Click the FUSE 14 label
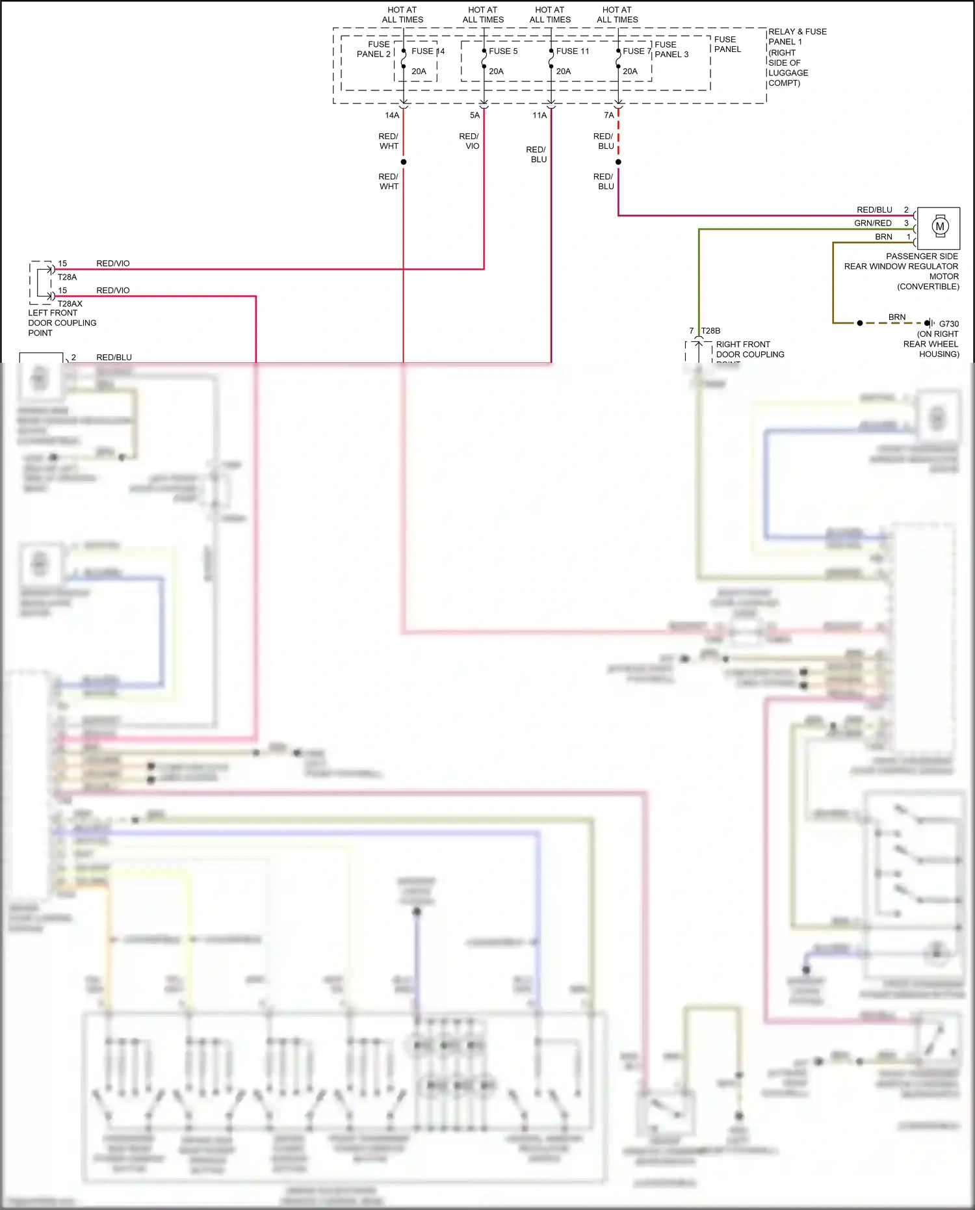click(x=428, y=51)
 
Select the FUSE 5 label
click(x=503, y=51)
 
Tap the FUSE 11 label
click(x=572, y=51)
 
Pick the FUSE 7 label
click(x=636, y=51)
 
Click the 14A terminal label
click(x=391, y=115)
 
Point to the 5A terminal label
click(x=474, y=115)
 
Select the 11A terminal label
click(x=539, y=115)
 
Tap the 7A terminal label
click(x=608, y=115)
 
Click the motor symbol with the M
click(x=939, y=227)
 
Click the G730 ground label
click(x=948, y=324)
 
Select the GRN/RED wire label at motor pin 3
click(x=872, y=223)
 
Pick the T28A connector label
click(x=67, y=277)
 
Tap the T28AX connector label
click(x=70, y=304)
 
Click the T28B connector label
click(x=710, y=331)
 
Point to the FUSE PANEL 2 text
click(x=374, y=49)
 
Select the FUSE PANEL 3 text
click(x=671, y=49)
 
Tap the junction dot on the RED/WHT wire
click(x=404, y=162)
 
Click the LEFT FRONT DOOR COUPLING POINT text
click(x=62, y=322)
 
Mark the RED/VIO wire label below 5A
click(x=469, y=141)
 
